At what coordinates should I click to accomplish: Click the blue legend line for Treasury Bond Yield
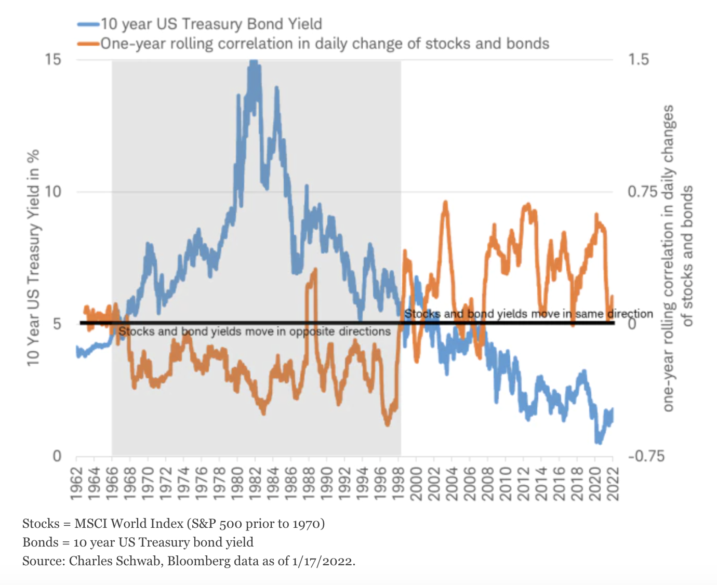point(88,24)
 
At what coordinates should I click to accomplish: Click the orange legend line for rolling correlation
point(88,44)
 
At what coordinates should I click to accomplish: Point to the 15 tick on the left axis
point(52,59)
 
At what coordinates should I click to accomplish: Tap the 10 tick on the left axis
point(52,192)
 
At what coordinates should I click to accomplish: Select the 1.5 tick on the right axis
point(638,59)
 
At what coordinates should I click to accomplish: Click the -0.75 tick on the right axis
point(646,456)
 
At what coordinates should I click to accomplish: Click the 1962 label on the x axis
point(77,483)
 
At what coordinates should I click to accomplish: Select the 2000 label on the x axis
point(416,483)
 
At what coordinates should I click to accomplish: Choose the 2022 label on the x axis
point(613,483)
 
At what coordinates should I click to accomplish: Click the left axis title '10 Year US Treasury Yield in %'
point(33,257)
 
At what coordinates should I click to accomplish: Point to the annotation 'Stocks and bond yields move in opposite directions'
point(254,331)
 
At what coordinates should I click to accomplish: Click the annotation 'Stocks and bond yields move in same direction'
point(528,314)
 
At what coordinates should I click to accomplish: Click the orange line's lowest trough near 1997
point(387,424)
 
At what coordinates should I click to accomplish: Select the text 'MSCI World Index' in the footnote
point(129,523)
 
